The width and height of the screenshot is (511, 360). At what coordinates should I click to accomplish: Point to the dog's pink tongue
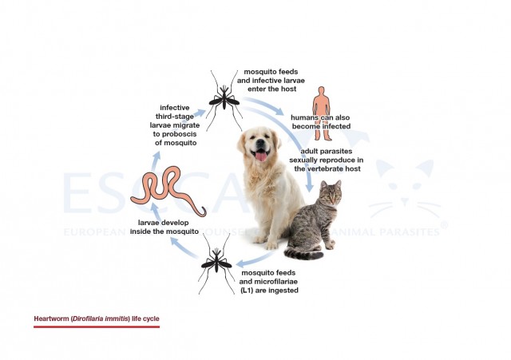[259, 156]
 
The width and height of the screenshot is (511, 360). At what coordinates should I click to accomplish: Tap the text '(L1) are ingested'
[269, 290]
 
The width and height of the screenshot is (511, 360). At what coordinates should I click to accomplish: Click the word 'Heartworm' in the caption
[51, 318]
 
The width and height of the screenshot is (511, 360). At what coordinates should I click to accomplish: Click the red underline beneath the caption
[96, 326]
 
